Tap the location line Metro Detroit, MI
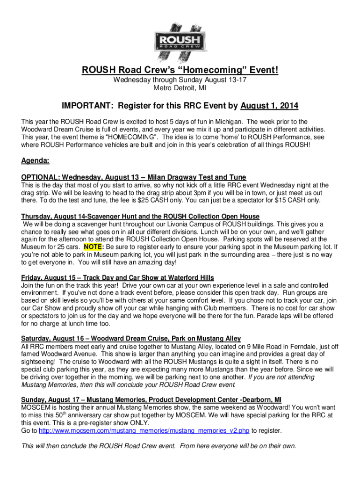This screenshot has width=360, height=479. (x=180, y=87)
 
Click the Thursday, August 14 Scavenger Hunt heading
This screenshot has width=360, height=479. (x=140, y=216)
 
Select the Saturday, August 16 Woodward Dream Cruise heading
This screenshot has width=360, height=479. (x=131, y=339)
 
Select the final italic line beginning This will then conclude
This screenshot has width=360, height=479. (x=159, y=446)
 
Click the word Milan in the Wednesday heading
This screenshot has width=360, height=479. (x=158, y=177)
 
